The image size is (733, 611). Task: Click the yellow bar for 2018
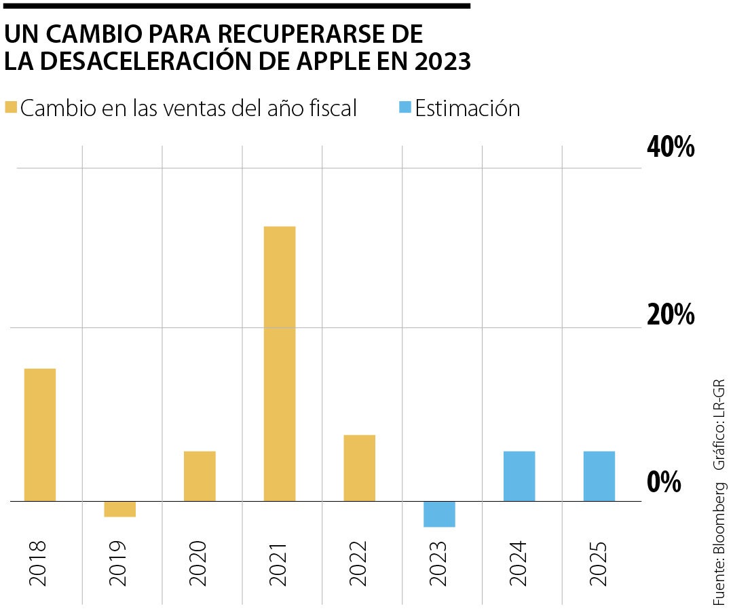(x=40, y=434)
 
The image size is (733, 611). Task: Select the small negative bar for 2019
(x=120, y=509)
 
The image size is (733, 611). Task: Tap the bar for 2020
(x=200, y=476)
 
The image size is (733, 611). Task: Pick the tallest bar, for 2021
(x=280, y=363)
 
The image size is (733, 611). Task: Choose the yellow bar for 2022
(x=360, y=468)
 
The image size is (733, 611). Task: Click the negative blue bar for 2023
(x=439, y=514)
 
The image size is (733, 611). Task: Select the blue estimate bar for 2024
(x=519, y=476)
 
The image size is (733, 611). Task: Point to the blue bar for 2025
(x=599, y=476)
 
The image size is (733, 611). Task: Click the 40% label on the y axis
(x=670, y=147)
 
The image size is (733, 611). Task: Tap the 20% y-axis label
(x=670, y=315)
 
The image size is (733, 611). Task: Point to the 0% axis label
(x=663, y=482)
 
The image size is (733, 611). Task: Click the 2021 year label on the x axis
(x=279, y=563)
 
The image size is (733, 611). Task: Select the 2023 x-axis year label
(x=439, y=563)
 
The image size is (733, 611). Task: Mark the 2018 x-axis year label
(x=39, y=563)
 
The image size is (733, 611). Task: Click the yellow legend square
(x=10, y=108)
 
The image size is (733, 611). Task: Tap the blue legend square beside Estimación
(x=404, y=108)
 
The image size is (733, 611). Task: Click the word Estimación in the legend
(x=468, y=108)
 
